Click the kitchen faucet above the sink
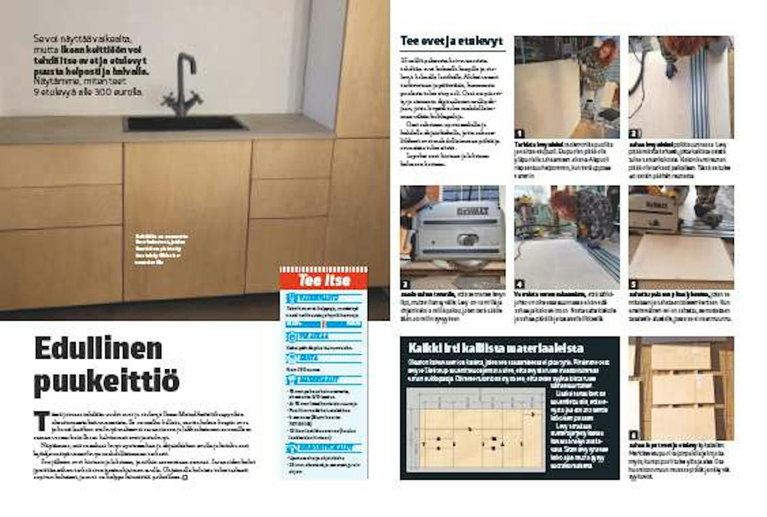[x=182, y=84]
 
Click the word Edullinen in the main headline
[x=98, y=349]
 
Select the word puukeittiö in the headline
[x=107, y=381]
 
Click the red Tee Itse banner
[x=324, y=280]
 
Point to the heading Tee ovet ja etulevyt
[x=452, y=41]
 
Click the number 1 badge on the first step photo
[x=520, y=133]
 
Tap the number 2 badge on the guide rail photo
[x=634, y=133]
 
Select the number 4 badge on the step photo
[x=520, y=284]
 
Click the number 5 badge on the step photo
[x=634, y=284]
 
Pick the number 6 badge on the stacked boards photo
[x=634, y=435]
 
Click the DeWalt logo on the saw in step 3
[x=473, y=211]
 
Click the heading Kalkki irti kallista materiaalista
[x=495, y=348]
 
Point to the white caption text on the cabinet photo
[x=161, y=249]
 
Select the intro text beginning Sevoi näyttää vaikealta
[x=91, y=65]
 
